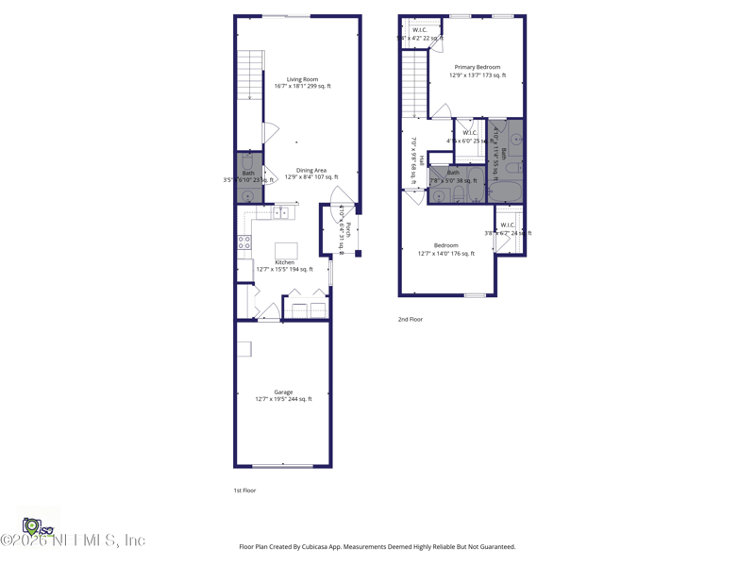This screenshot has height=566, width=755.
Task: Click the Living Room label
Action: pos(302,79)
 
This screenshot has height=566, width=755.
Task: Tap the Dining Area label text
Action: pos(311,171)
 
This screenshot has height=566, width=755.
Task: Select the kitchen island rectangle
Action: pos(286,250)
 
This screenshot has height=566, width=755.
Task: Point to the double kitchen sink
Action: pos(280,213)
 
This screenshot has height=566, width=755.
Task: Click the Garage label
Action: pos(283,392)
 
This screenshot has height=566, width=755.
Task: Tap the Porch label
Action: pos(348,230)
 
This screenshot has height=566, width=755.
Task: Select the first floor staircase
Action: pos(250,75)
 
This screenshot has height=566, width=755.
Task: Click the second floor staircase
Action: pos(415,85)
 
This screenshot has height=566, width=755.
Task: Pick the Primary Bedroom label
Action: pos(478,67)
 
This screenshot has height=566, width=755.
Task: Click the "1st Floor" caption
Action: pos(244,491)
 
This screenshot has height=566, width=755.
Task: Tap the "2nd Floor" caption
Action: pos(410,320)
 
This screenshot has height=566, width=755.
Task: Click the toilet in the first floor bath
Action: pos(248,161)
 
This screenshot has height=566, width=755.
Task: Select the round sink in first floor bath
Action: pos(248,196)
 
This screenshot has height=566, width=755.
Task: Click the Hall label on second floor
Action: pos(422,159)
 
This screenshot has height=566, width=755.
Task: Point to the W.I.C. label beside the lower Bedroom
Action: pos(508,225)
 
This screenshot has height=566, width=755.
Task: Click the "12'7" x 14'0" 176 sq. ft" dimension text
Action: pos(446,253)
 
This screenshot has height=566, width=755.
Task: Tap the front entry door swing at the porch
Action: pos(343,196)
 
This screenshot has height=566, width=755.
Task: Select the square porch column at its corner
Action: pos(358,253)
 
